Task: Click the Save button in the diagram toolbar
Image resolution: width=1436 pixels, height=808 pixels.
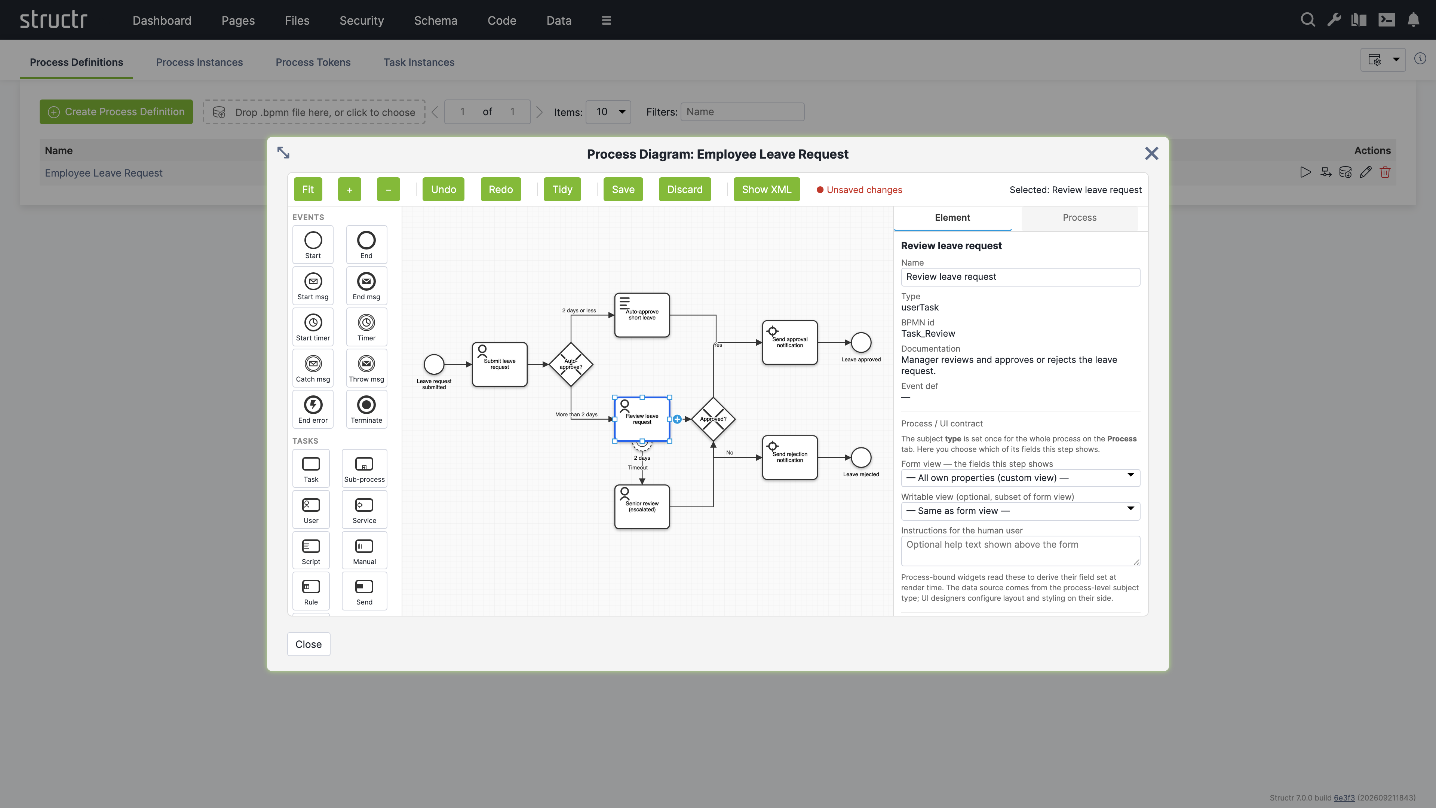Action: pyautogui.click(x=623, y=190)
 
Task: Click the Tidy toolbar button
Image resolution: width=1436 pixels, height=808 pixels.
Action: pyautogui.click(x=562, y=190)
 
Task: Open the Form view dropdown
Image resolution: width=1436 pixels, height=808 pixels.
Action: pyautogui.click(x=1020, y=478)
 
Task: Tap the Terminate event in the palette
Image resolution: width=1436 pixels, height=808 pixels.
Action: pyautogui.click(x=366, y=409)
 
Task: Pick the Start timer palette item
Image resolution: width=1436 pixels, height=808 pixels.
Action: pyautogui.click(x=313, y=327)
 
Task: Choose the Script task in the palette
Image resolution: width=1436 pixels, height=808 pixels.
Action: pyautogui.click(x=311, y=550)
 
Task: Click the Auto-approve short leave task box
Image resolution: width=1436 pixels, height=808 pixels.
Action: pyautogui.click(x=642, y=315)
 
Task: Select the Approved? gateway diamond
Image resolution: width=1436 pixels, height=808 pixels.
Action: pyautogui.click(x=713, y=419)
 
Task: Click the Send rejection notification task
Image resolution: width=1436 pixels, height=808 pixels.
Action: pyautogui.click(x=790, y=457)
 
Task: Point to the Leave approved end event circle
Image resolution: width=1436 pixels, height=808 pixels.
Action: pyautogui.click(x=861, y=342)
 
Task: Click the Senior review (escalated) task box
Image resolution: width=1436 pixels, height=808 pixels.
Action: pyautogui.click(x=642, y=507)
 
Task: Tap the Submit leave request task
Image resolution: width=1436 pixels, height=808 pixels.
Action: pyautogui.click(x=500, y=364)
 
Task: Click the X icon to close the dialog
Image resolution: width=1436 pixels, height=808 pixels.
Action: pyautogui.click(x=1151, y=153)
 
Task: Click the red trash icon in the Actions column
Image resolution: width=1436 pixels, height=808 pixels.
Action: pyautogui.click(x=1385, y=172)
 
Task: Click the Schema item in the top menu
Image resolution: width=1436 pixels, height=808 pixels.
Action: pyautogui.click(x=435, y=21)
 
